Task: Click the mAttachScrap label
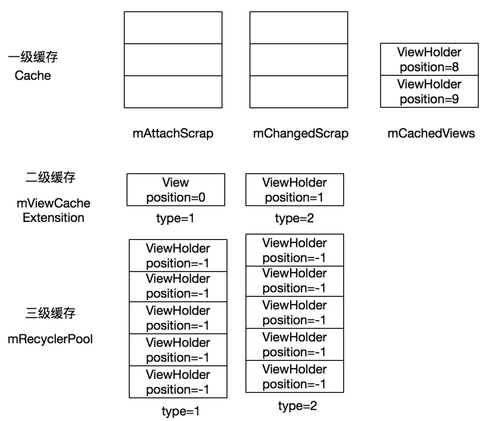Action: [173, 134]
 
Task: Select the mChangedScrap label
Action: [301, 134]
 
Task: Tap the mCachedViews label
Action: [431, 133]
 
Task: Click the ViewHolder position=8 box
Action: [429, 59]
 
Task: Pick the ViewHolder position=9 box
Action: [429, 91]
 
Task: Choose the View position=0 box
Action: [176, 190]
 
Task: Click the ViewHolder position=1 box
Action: [295, 190]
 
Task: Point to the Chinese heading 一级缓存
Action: [33, 57]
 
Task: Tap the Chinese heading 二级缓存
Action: [50, 177]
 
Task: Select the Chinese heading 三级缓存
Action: [50, 313]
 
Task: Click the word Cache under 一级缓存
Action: [33, 75]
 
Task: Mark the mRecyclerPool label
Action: [50, 339]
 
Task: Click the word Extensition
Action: [53, 218]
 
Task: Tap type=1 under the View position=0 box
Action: [175, 218]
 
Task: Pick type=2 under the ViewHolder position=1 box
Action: [294, 218]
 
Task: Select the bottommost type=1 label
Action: [180, 411]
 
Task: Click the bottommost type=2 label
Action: [297, 406]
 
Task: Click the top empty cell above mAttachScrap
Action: [173, 28]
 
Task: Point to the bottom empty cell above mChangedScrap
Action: [299, 92]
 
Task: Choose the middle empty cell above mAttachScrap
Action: [173, 60]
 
